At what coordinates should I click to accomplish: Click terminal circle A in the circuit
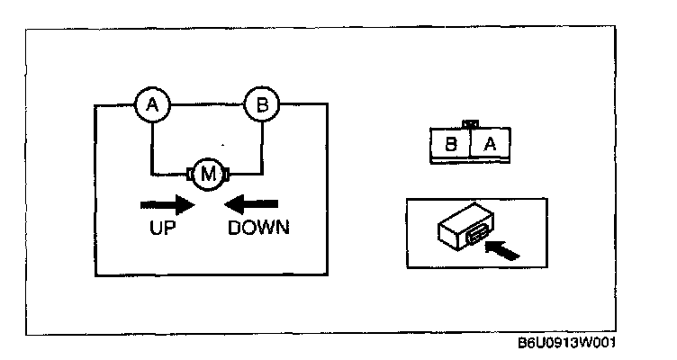(152, 106)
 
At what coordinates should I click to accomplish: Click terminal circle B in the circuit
(262, 106)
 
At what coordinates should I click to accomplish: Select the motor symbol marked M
(207, 174)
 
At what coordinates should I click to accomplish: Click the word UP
(164, 228)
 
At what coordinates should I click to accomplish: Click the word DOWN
(258, 228)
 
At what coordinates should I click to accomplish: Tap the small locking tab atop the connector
(468, 123)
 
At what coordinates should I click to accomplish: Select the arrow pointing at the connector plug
(501, 248)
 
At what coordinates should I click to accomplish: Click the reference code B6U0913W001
(569, 345)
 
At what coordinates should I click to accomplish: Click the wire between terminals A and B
(207, 105)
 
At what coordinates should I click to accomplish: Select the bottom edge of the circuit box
(206, 275)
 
